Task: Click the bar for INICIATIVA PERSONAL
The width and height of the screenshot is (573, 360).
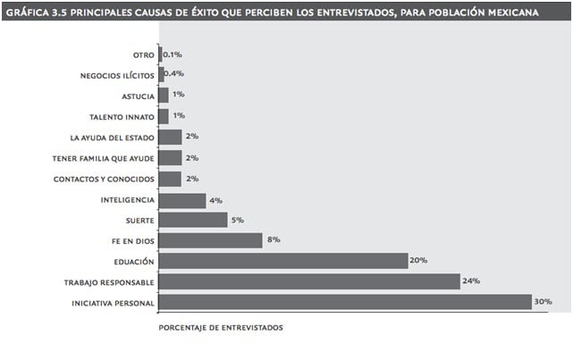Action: [345, 303]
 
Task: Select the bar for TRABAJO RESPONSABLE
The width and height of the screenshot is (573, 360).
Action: [309, 281]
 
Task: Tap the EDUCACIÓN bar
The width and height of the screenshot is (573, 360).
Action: [283, 261]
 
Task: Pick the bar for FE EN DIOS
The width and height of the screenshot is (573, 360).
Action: [210, 239]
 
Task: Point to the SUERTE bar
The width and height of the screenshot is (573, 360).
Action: [193, 219]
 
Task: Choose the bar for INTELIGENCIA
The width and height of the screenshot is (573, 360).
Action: [182, 200]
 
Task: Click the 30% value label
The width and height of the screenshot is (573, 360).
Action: [543, 302]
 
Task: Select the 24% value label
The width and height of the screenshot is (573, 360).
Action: [471, 280]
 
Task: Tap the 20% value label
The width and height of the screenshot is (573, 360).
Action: [419, 260]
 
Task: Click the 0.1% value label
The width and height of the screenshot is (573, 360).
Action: [173, 54]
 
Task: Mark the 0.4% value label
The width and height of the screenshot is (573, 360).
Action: [174, 73]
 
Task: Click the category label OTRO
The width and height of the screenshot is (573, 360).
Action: [143, 55]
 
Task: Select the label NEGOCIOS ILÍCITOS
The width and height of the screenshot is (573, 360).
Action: [115, 76]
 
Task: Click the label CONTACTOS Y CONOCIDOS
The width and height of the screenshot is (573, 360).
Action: [105, 179]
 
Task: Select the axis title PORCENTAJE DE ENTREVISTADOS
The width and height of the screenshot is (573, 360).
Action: [221, 328]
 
